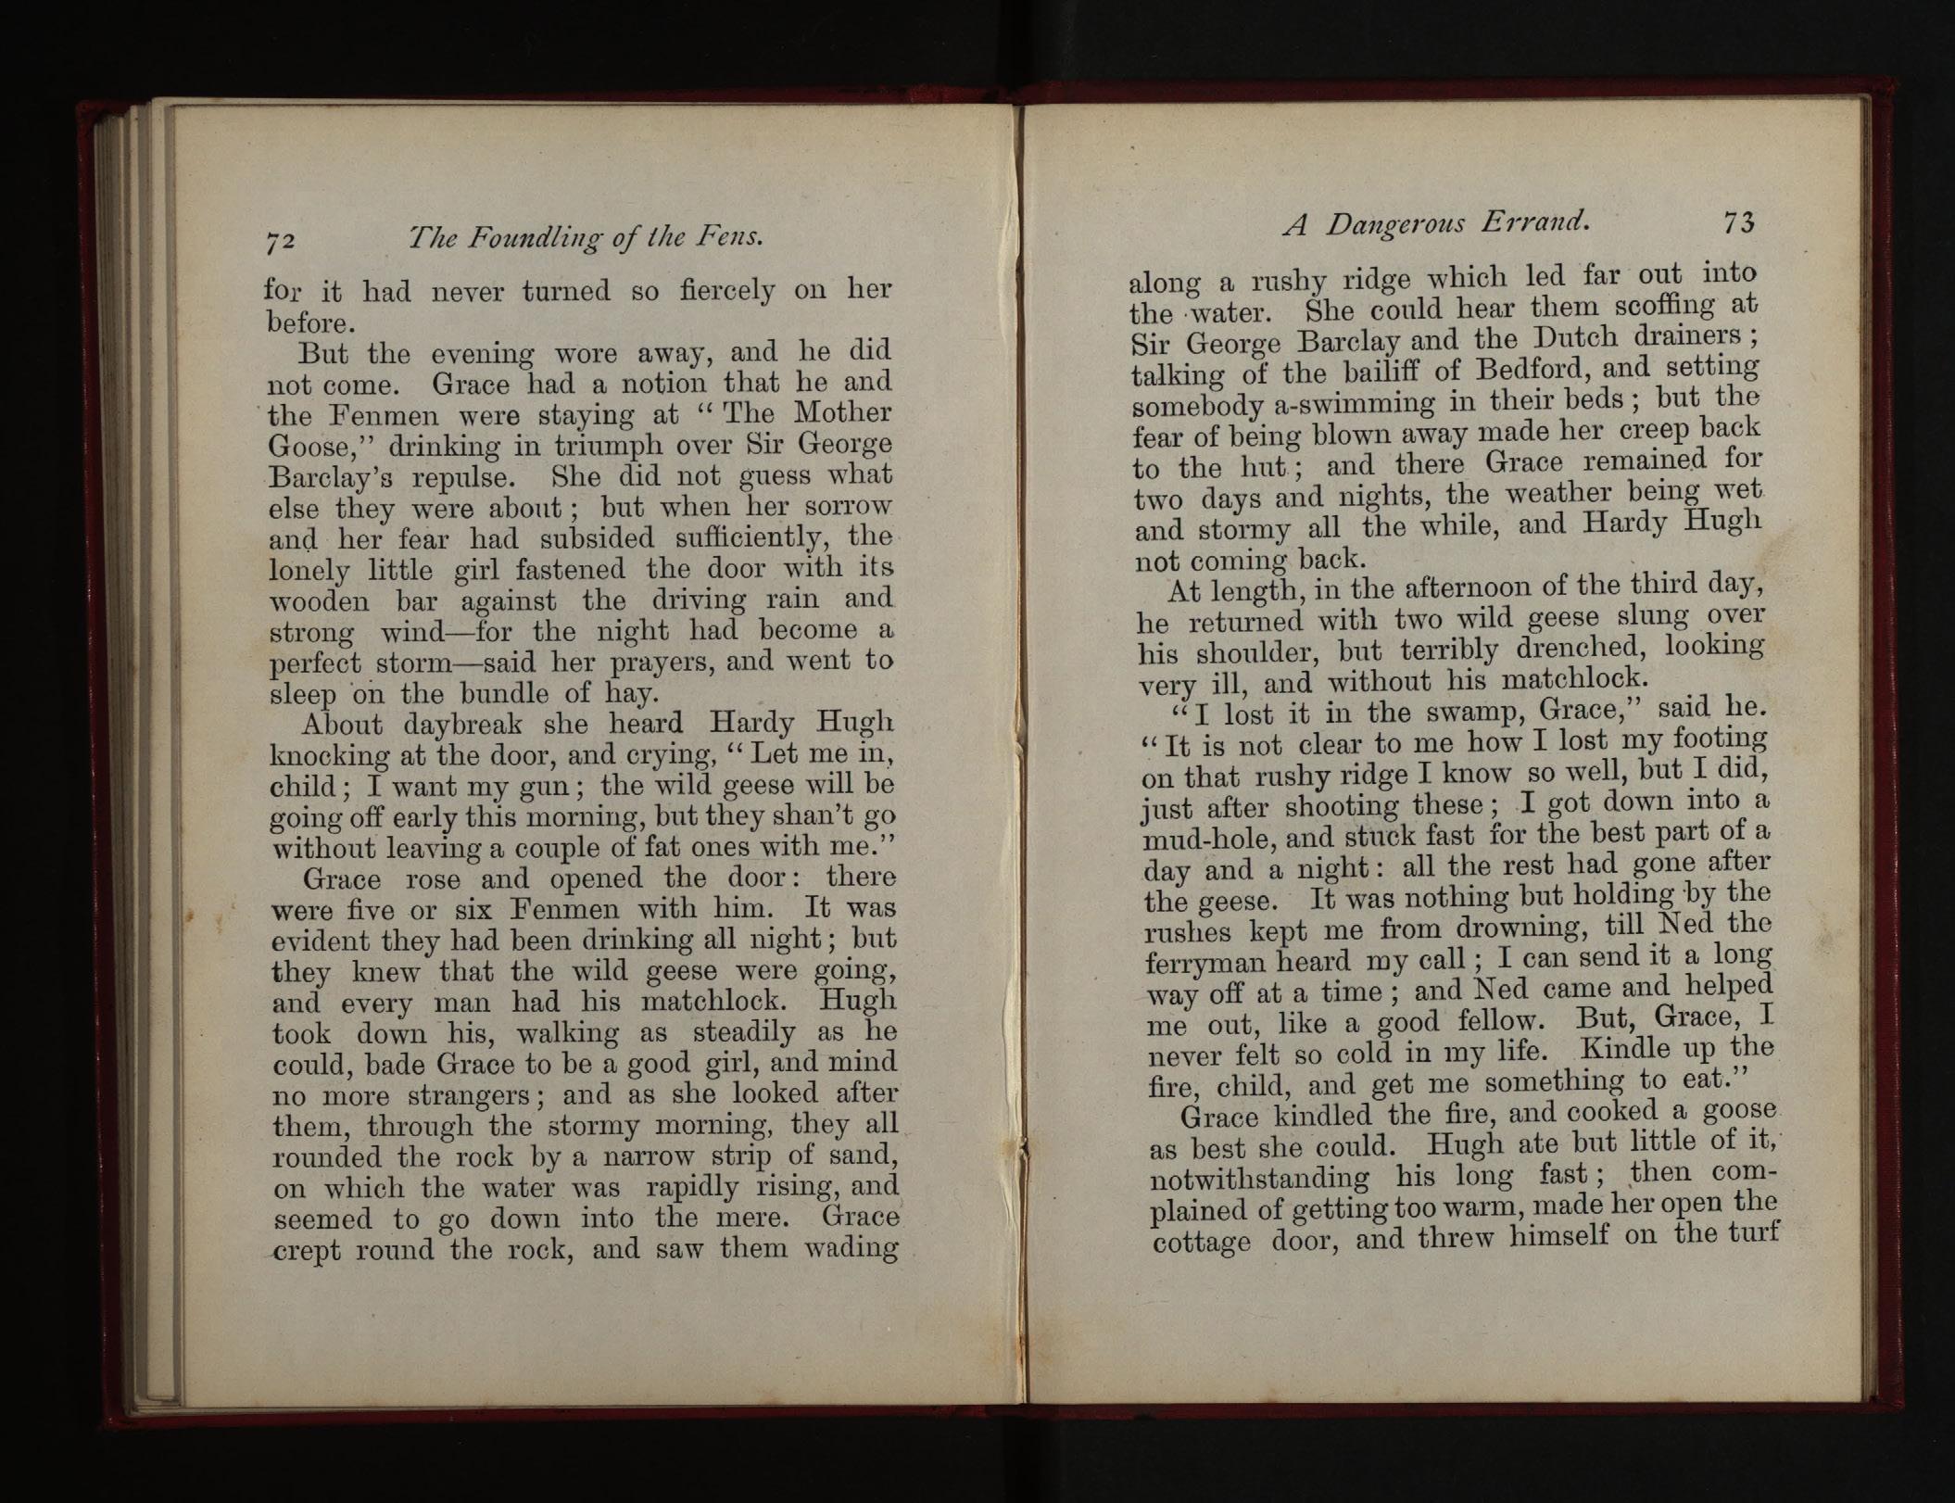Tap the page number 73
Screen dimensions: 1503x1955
coord(1739,223)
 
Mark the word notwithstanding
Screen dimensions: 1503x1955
coord(1259,1180)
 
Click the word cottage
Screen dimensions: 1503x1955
coord(1202,1242)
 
